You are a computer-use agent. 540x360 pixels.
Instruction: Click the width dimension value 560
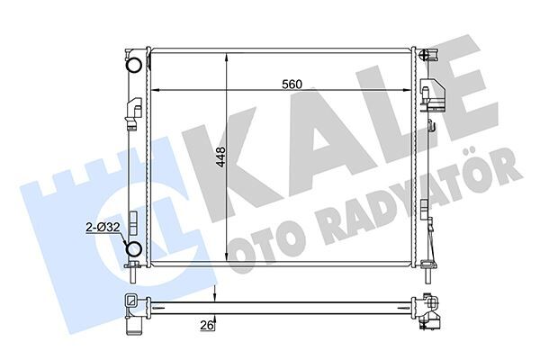(290, 84)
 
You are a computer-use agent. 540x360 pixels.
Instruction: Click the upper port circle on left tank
(133, 64)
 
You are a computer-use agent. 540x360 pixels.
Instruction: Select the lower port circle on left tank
(133, 249)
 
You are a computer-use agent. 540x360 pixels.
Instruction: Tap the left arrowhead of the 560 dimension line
(154, 91)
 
